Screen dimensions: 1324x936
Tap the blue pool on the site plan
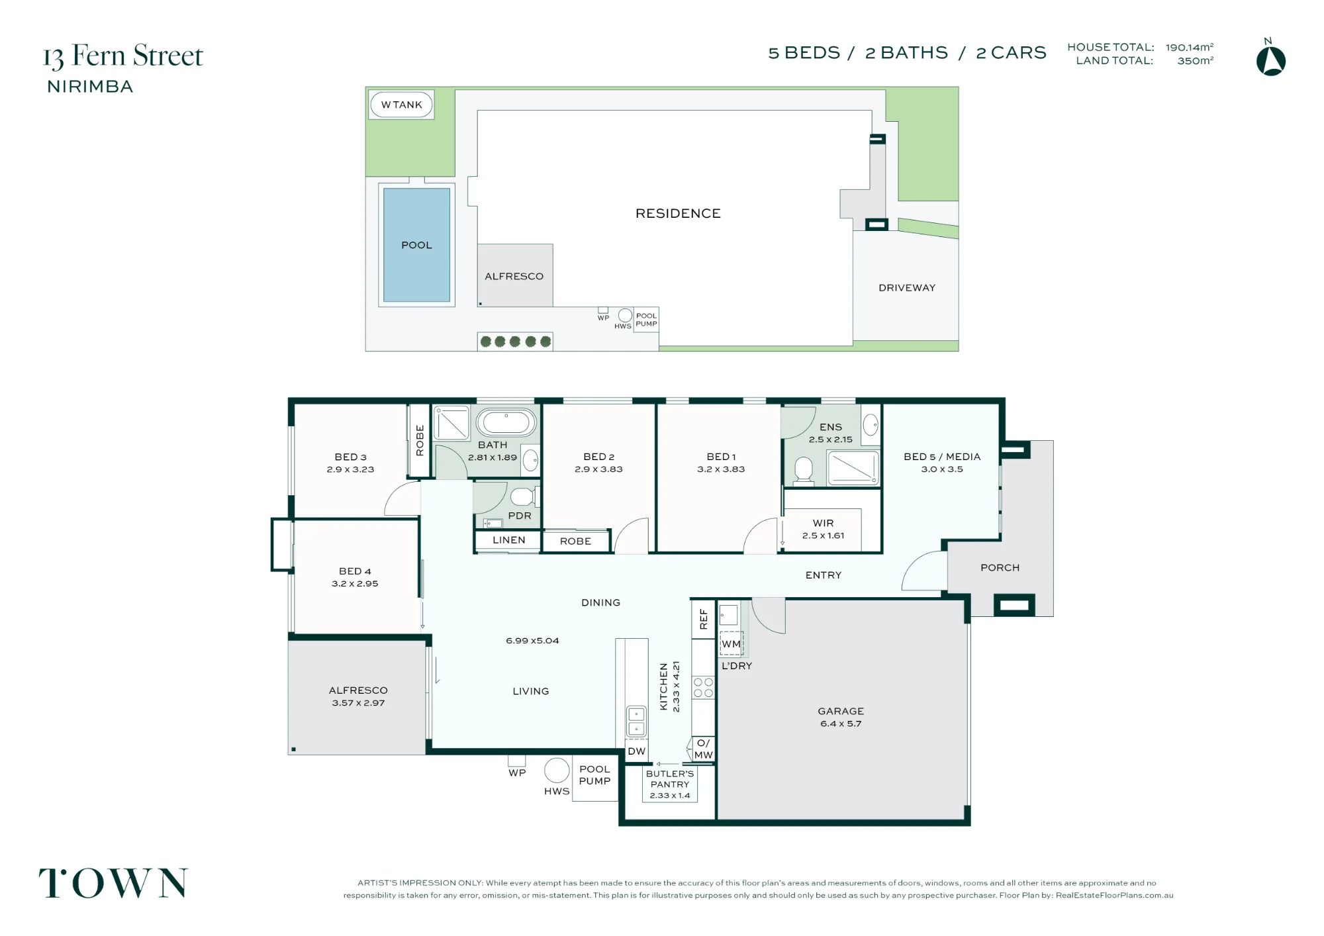416,245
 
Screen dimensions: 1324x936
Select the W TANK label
401,105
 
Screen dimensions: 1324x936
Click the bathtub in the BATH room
506,422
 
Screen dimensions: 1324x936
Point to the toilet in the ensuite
804,469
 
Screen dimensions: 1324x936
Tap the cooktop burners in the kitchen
703,687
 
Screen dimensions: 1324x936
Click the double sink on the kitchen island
636,721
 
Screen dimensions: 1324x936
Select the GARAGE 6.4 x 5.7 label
841,717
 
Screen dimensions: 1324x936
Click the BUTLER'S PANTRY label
670,778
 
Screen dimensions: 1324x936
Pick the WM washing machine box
732,643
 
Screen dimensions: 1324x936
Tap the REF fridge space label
704,619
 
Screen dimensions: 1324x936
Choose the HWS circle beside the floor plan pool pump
557,770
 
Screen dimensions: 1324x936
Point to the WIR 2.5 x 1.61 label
823,529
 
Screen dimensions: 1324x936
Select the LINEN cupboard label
509,540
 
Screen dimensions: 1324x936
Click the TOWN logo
113,883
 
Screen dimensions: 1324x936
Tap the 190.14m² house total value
1190,47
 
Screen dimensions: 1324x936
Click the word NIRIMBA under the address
90,87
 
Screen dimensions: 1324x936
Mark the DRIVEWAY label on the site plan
907,288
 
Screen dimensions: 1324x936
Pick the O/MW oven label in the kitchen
703,749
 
